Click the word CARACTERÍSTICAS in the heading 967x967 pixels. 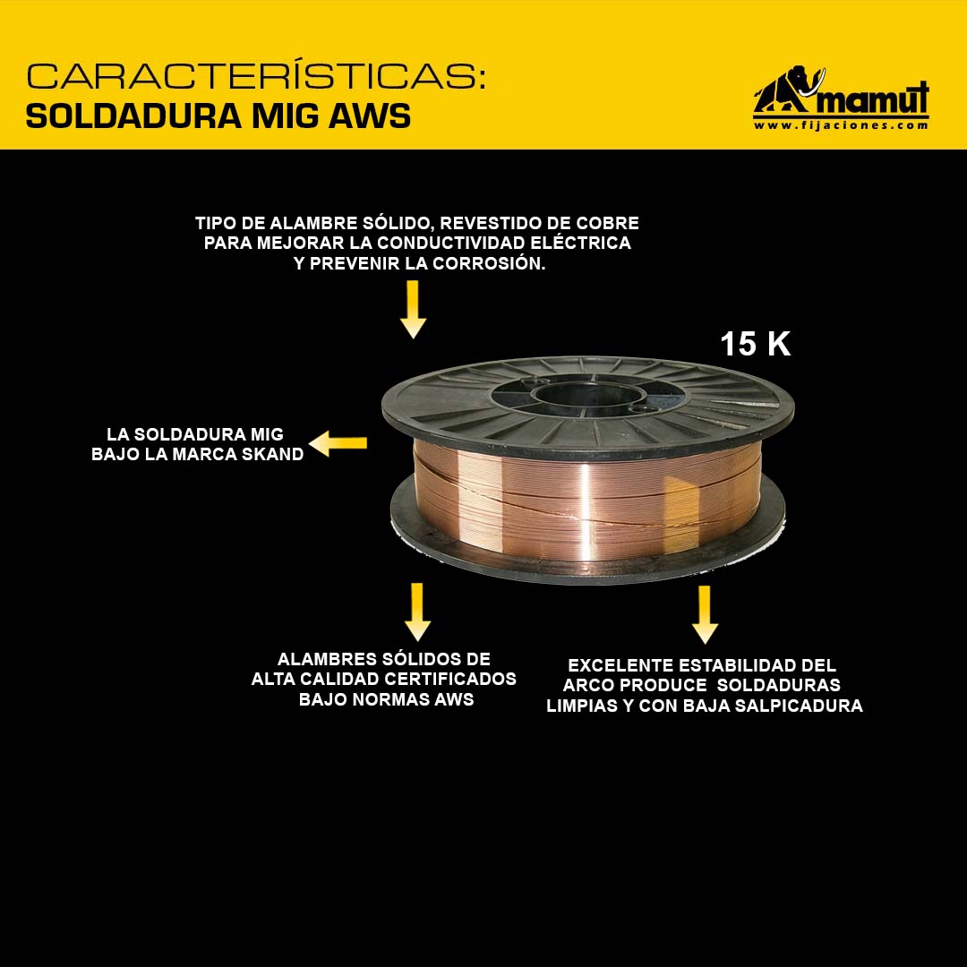(x=256, y=75)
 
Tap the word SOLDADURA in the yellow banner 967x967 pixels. (x=133, y=116)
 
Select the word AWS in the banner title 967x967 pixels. (x=370, y=116)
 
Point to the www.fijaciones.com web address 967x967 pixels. (x=841, y=125)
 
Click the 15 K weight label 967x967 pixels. (x=756, y=344)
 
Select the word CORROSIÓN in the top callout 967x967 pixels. (x=489, y=263)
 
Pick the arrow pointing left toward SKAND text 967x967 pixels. (x=338, y=443)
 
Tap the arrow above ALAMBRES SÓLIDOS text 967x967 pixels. (x=417, y=612)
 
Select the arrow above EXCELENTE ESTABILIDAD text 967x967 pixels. (x=705, y=615)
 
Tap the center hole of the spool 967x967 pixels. (x=589, y=395)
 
